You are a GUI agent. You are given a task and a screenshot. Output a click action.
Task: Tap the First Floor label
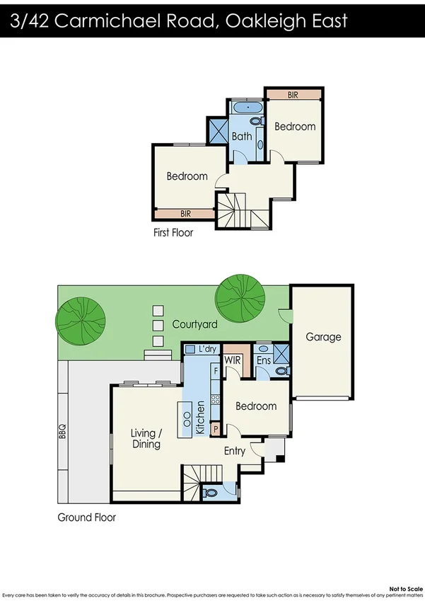[173, 232]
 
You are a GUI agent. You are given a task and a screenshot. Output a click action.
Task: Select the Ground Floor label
[87, 517]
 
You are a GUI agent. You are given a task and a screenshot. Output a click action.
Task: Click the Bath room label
[242, 136]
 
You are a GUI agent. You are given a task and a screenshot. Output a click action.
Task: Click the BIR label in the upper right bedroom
[293, 94]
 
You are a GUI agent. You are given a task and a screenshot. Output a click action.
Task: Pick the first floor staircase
[233, 211]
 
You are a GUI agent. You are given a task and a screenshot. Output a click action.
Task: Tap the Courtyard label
[194, 324]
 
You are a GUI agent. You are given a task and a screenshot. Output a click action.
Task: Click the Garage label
[323, 337]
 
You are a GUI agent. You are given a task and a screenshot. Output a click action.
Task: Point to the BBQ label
[62, 430]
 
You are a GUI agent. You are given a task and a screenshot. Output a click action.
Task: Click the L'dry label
[208, 349]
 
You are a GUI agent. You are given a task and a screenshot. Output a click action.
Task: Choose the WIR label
[234, 360]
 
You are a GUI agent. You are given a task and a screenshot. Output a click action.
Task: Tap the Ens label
[264, 360]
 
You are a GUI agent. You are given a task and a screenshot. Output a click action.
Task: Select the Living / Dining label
[146, 439]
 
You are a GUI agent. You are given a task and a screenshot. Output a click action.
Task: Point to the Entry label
[235, 451]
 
